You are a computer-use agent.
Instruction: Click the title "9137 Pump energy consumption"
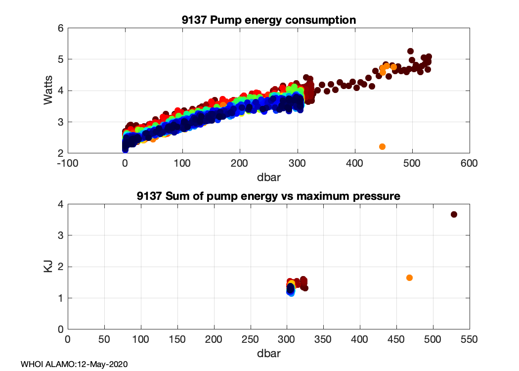point(268,20)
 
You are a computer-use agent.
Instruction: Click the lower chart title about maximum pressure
point(268,196)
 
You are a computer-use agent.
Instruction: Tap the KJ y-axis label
point(48,267)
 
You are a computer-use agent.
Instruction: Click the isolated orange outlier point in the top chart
point(382,146)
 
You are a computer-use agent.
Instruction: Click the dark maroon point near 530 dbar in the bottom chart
point(454,214)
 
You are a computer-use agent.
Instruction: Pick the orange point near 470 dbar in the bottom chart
point(409,278)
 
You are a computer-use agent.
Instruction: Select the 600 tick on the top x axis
point(469,162)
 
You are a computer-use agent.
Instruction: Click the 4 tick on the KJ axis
point(60,204)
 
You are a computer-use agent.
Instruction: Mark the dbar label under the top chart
point(268,175)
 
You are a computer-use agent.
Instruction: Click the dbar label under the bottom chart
point(268,353)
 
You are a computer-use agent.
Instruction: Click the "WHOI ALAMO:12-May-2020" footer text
point(74,365)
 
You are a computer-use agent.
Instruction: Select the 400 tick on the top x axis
point(354,162)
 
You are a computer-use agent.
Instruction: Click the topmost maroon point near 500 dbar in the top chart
point(410,51)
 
